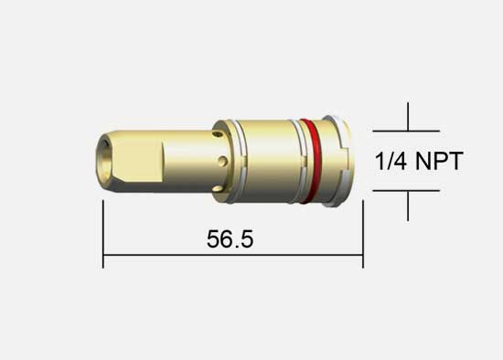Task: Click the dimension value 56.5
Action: coord(230,238)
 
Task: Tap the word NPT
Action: coord(439,161)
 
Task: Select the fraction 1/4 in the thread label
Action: coord(391,161)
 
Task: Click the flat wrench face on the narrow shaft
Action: coord(136,162)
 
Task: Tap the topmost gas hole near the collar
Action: coord(218,133)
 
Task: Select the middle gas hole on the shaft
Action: coord(223,161)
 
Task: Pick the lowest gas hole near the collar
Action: coord(218,189)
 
